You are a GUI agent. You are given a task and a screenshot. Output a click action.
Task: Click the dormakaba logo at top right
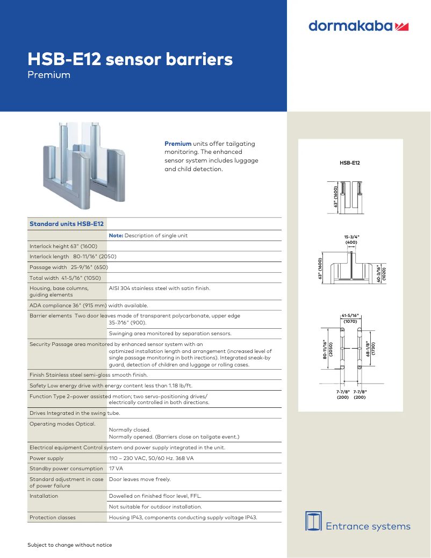click(358, 26)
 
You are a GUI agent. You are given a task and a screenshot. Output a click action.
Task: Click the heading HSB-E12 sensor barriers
click(130, 59)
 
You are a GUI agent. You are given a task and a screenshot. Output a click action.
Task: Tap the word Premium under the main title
click(49, 75)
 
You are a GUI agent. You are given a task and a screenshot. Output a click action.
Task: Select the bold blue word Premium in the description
click(178, 144)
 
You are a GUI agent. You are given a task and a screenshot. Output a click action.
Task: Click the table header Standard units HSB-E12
click(67, 223)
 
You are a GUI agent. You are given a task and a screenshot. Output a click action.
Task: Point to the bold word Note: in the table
click(116, 236)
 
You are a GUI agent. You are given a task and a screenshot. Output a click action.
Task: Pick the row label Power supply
click(47, 458)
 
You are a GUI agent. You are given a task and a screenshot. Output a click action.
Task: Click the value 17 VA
click(116, 469)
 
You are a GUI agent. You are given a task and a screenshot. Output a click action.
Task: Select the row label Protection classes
click(53, 518)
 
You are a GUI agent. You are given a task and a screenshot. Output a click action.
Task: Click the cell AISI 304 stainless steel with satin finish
click(160, 288)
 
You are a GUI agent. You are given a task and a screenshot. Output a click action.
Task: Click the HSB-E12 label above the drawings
click(350, 163)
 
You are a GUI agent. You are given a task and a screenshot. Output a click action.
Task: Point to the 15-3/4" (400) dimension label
click(351, 239)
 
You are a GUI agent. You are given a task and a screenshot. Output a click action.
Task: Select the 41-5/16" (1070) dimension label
click(350, 319)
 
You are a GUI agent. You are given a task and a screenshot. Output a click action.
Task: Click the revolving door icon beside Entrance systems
click(313, 521)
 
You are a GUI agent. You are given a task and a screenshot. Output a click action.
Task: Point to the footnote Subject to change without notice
click(70, 545)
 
